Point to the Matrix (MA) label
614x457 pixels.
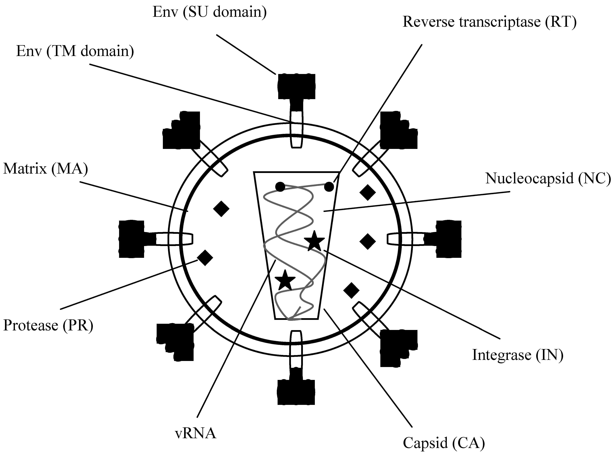(45, 169)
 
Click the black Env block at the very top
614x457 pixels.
(296, 86)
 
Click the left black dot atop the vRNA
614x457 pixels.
(280, 187)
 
